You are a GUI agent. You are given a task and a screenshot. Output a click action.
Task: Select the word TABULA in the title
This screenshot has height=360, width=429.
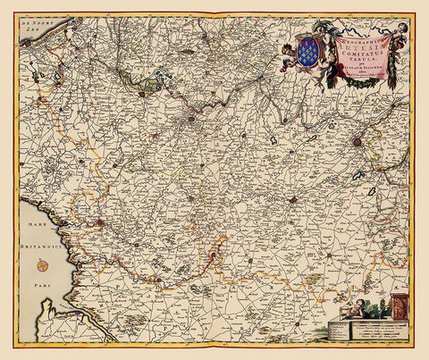364,61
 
